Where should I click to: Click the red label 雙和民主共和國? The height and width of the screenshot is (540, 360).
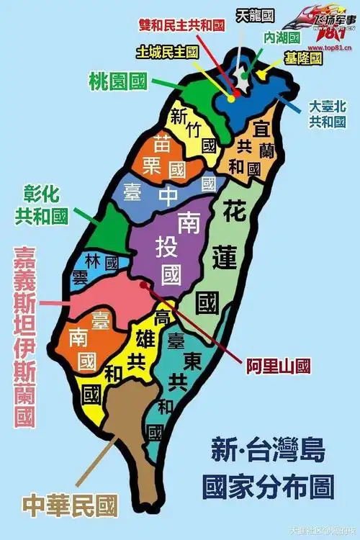pyautogui.click(x=182, y=24)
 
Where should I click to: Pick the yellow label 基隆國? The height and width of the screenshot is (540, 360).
pyautogui.click(x=302, y=58)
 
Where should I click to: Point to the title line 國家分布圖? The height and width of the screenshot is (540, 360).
pyautogui.click(x=268, y=487)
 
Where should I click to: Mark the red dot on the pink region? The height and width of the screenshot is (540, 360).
pyautogui.click(x=143, y=284)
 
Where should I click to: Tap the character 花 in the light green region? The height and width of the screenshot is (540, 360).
pyautogui.click(x=235, y=212)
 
